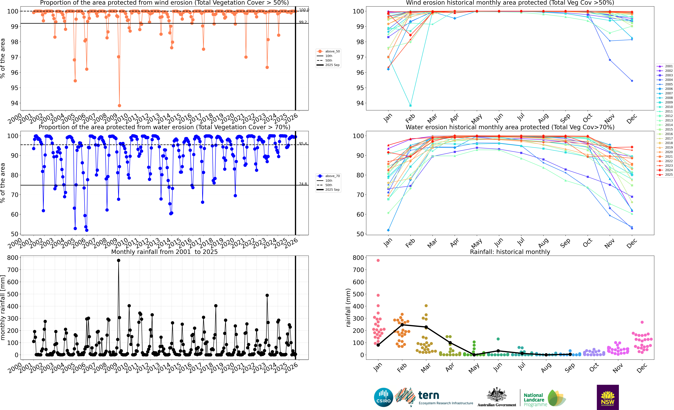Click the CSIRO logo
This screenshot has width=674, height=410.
(x=383, y=397)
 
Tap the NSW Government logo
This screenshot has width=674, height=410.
(x=608, y=397)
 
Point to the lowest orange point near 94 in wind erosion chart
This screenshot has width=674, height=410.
(x=119, y=106)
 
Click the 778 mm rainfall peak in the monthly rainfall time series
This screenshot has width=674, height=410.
(x=118, y=261)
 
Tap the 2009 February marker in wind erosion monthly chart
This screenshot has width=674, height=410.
(x=410, y=106)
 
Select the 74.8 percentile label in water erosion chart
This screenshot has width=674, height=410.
(x=303, y=184)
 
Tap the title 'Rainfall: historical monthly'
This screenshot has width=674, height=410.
(x=510, y=252)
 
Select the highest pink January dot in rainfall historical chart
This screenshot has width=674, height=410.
(x=378, y=261)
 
